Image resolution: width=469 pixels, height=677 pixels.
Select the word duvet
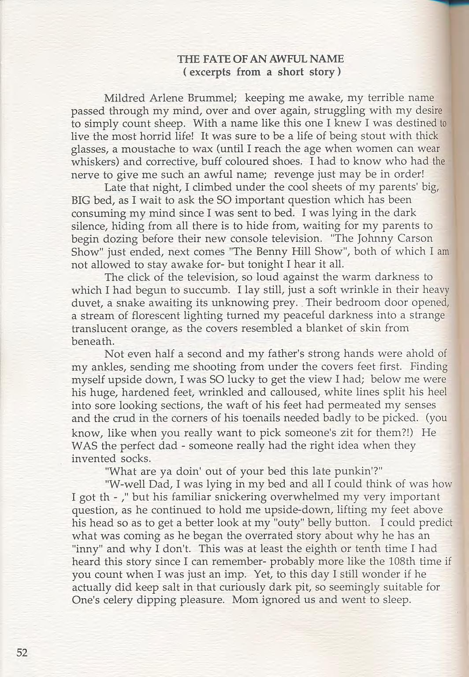[84, 303]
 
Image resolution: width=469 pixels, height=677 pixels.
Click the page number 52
[22, 653]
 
